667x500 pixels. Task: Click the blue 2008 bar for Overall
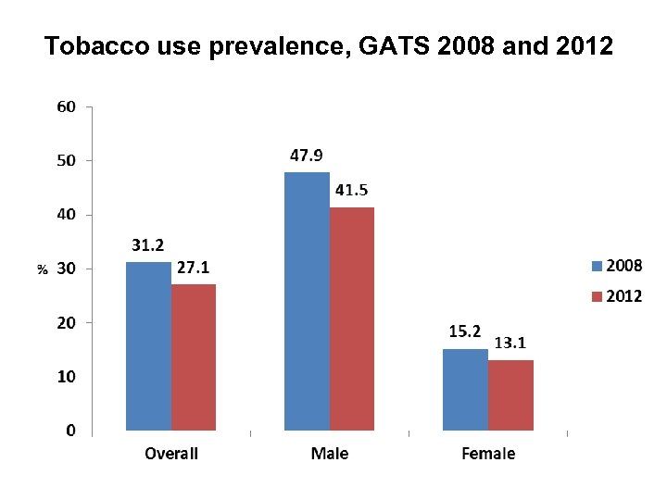click(148, 346)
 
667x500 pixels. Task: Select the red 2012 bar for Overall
click(194, 357)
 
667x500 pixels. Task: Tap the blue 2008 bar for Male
click(307, 301)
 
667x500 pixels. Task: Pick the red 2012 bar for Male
click(352, 319)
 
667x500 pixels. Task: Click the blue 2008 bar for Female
click(465, 389)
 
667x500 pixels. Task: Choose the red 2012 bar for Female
click(510, 395)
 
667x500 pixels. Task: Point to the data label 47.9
click(307, 156)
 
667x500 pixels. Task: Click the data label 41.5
click(351, 190)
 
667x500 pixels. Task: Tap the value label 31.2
click(148, 245)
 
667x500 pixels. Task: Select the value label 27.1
click(194, 267)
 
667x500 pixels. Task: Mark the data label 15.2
click(465, 331)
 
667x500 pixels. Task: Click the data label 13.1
click(510, 343)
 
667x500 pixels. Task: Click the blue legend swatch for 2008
click(597, 267)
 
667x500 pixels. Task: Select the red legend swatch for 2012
click(597, 297)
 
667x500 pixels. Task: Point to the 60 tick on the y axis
click(66, 106)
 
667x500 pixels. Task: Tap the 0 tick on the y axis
click(70, 431)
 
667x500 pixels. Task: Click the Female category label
click(488, 454)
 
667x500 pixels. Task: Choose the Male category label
click(330, 454)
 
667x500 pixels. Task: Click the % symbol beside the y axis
click(42, 269)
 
